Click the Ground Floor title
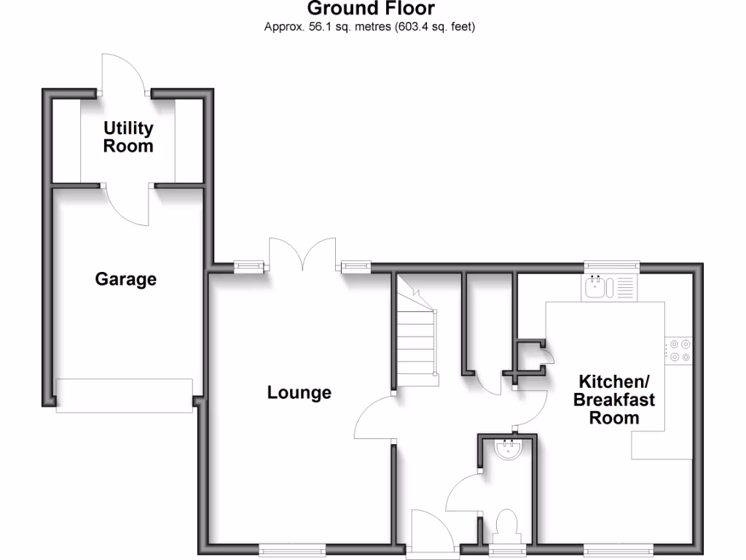(x=371, y=9)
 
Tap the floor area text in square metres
(x=370, y=28)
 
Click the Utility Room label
(x=128, y=136)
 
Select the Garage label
(x=126, y=279)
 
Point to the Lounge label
(x=299, y=393)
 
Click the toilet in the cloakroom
(x=506, y=525)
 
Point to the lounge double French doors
(x=302, y=255)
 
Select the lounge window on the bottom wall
(x=283, y=551)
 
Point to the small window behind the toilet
(x=506, y=551)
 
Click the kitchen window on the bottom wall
(x=618, y=551)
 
